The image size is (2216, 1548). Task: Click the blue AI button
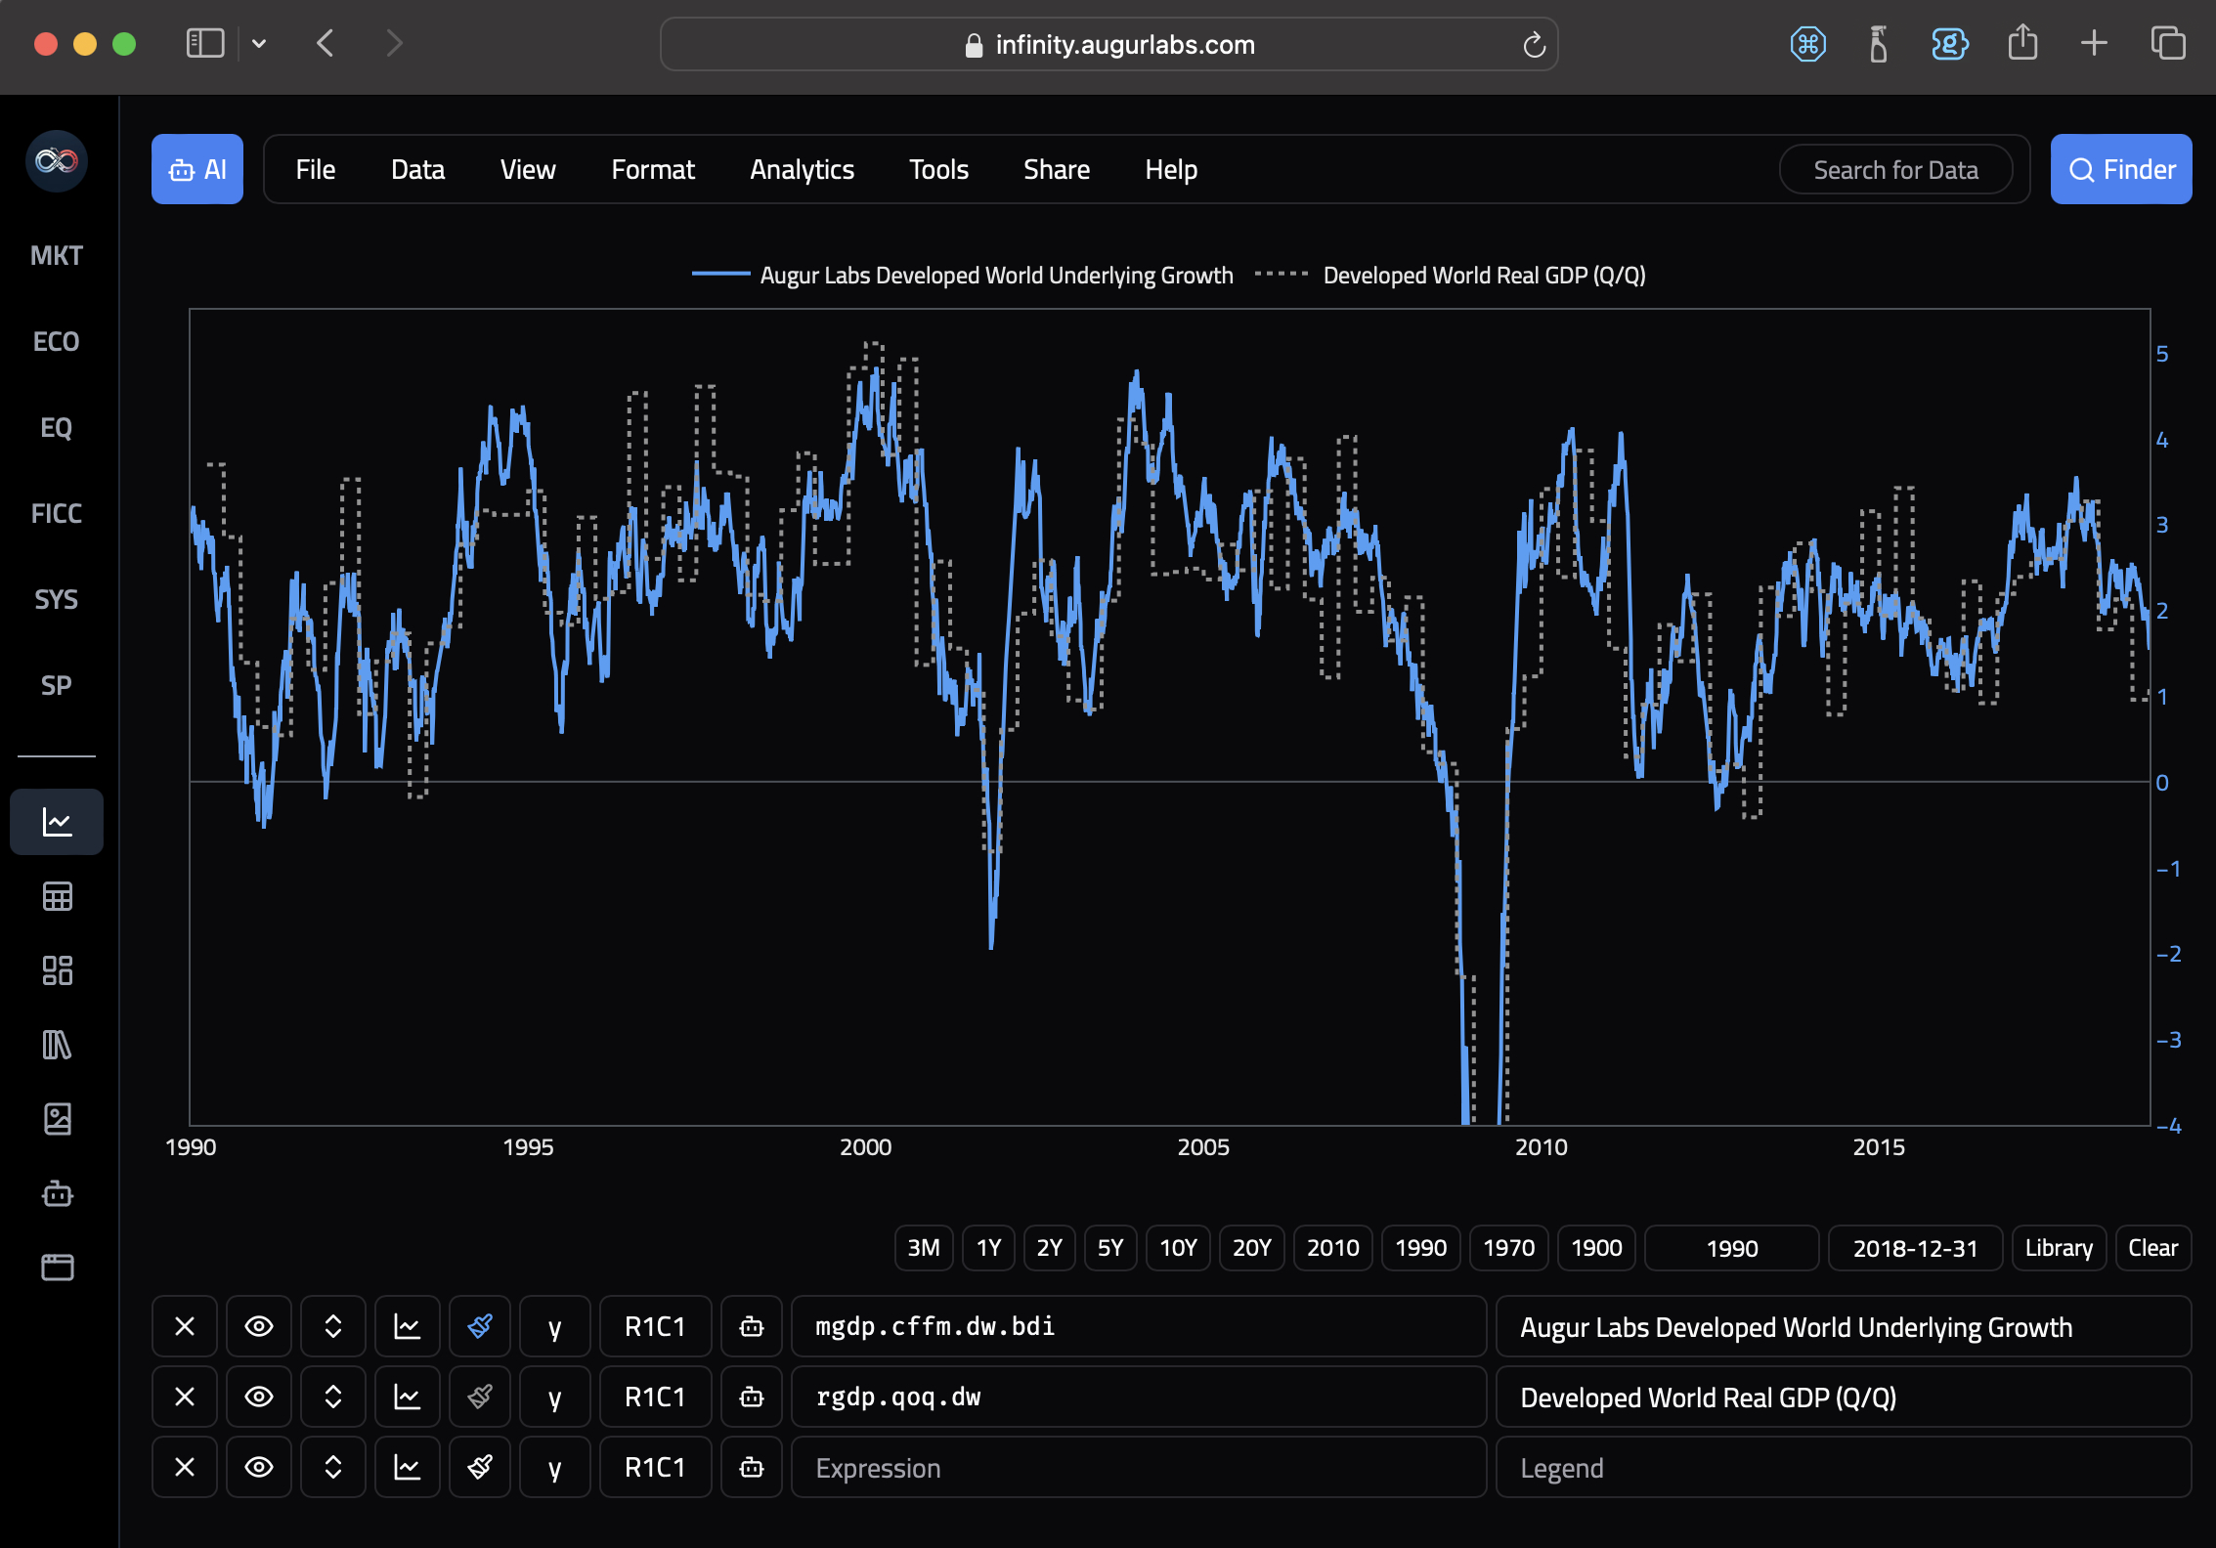[197, 169]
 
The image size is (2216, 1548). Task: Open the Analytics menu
[802, 169]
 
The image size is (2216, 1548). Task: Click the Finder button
[2120, 169]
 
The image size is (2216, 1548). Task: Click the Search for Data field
[1894, 170]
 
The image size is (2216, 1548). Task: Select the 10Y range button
[1177, 1248]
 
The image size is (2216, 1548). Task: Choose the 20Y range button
[1251, 1248]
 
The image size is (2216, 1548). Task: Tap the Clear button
[2152, 1248]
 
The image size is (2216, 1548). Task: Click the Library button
[2058, 1248]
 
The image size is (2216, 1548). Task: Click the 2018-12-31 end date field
[1914, 1248]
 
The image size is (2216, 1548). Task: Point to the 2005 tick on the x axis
[1202, 1147]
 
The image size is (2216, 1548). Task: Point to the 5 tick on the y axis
[2162, 354]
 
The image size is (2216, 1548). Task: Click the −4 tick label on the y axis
[2168, 1126]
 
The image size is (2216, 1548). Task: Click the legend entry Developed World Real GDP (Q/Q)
[1483, 276]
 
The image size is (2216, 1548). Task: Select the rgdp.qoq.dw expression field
[1138, 1397]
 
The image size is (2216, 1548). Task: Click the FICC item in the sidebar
[57, 513]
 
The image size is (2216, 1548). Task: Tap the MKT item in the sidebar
[57, 255]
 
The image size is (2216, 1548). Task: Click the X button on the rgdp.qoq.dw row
[184, 1397]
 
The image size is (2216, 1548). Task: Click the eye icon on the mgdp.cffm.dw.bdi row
[258, 1326]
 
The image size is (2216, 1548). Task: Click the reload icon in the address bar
[1534, 45]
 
